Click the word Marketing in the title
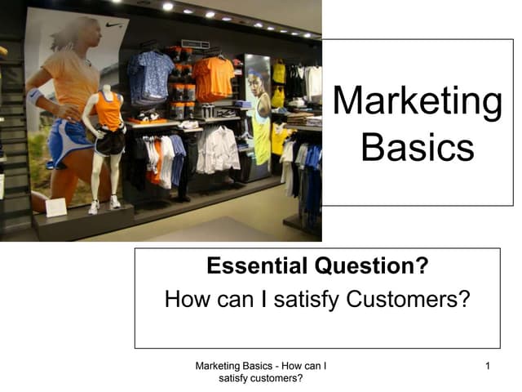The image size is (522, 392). [418, 101]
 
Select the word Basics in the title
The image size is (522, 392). [418, 148]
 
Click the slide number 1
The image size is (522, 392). [487, 366]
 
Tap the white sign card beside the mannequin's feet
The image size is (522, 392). [56, 207]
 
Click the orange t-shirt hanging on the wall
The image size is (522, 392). [214, 78]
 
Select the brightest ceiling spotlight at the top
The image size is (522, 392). [167, 7]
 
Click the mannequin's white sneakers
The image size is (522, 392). [104, 204]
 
